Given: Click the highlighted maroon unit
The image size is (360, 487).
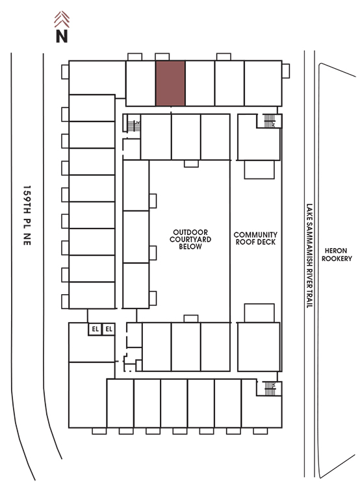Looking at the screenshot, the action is (170, 83).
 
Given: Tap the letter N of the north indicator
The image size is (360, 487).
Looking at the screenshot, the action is (62, 36).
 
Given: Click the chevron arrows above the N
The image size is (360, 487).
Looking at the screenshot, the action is (62, 19).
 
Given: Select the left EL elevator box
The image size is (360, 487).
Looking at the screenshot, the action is (95, 329).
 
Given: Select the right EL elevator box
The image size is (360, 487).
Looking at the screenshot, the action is (109, 329).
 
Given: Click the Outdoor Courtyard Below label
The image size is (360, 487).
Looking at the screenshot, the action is (190, 240).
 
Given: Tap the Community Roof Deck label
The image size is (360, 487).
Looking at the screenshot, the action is (255, 238).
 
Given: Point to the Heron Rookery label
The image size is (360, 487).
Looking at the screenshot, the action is (337, 255).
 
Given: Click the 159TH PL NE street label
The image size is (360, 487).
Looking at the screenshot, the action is (27, 216).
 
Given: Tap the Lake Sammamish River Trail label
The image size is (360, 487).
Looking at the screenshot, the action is (309, 256).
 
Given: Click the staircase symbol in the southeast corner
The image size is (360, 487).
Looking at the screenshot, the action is (270, 388).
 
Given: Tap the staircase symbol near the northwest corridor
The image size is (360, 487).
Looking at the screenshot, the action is (134, 126).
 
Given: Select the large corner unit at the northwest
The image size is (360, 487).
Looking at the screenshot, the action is (97, 77).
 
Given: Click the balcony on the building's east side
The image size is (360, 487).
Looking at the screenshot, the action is (286, 71).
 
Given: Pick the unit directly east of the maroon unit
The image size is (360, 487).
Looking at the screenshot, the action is (200, 83).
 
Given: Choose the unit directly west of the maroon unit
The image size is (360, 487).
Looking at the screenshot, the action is (140, 83).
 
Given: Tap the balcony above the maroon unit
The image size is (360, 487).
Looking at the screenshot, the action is (162, 57).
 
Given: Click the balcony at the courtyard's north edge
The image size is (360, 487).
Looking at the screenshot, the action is (191, 164).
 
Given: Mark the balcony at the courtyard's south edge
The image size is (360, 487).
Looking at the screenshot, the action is (191, 319).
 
